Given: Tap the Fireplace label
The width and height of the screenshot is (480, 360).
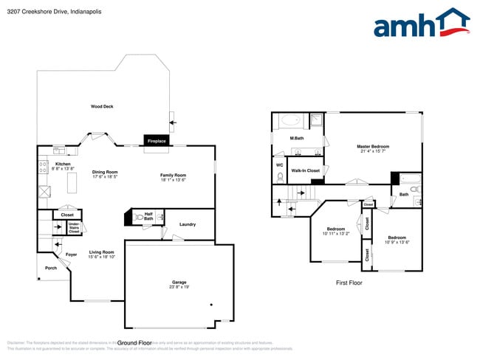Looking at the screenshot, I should (157, 140).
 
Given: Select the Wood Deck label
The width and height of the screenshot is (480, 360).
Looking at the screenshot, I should (102, 106).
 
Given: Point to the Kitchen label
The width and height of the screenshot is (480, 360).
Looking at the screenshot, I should (63, 164).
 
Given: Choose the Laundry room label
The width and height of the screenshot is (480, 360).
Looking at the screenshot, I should (187, 224).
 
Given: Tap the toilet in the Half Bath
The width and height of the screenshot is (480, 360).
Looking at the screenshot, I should (140, 218).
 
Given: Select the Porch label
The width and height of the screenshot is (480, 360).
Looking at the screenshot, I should (50, 268).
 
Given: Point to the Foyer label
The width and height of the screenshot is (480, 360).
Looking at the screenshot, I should (72, 255).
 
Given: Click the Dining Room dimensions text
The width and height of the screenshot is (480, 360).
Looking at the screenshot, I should (106, 177).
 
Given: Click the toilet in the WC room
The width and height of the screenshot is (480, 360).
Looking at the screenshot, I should (281, 178).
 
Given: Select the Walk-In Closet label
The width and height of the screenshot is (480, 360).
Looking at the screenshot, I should (305, 170).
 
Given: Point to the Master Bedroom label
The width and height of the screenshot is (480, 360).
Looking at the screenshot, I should (373, 146).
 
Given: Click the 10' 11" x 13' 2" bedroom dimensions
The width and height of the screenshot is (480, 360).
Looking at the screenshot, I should (336, 234).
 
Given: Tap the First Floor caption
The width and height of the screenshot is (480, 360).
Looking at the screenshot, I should (352, 283).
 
